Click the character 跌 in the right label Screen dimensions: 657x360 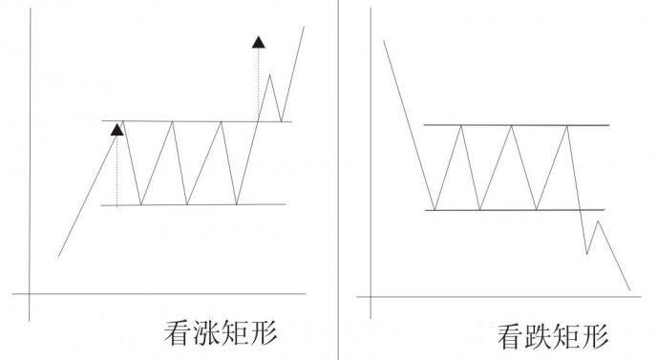coord(540,335)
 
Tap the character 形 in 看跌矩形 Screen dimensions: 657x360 coord(594,335)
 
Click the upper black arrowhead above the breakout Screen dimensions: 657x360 coord(258,41)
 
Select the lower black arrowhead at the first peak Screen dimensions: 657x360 coord(117,129)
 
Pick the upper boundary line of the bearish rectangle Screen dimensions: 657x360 coord(516,125)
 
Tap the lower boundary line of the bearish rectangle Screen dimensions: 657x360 coord(516,210)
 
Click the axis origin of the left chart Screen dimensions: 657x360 coord(31,292)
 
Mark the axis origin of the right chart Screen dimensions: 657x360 coord(369,297)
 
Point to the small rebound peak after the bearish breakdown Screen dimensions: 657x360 coord(598,222)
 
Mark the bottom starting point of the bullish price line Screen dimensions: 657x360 coord(59,256)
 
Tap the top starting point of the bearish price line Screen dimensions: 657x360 coord(384,40)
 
